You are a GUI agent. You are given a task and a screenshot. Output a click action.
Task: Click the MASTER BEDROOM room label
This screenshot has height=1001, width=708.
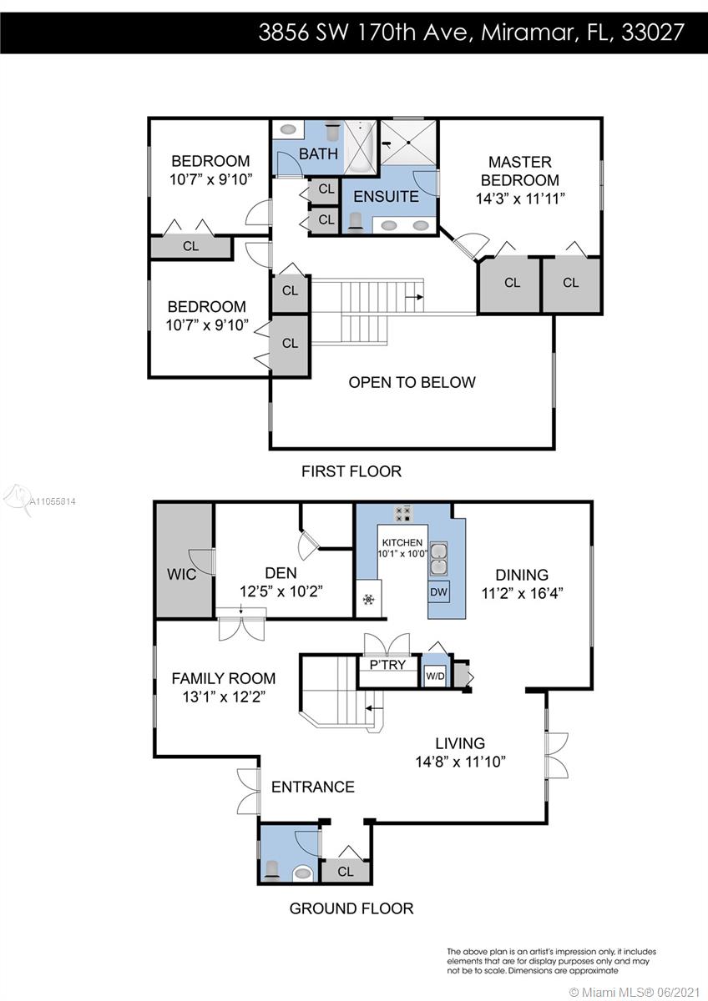point(519,171)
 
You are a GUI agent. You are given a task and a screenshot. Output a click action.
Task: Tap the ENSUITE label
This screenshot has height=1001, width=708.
point(386,197)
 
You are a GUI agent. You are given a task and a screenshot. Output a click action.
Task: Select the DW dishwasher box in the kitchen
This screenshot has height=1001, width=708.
point(439,591)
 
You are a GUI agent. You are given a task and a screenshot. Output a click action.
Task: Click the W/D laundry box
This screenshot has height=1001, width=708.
point(435,677)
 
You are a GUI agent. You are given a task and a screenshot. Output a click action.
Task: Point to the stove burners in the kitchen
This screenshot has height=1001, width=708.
point(403,514)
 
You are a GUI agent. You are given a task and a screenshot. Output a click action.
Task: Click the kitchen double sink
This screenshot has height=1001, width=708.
point(439,559)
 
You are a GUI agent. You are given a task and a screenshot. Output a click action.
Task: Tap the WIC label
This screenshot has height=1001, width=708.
point(181,574)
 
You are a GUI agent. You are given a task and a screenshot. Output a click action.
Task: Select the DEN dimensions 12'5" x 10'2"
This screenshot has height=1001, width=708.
point(281,591)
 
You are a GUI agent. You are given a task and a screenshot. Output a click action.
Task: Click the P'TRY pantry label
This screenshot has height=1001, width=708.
point(387,665)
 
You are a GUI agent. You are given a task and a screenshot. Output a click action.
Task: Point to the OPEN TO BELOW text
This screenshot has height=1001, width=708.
point(412,382)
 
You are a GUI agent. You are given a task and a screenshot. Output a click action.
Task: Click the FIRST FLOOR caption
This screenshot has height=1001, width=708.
point(351,471)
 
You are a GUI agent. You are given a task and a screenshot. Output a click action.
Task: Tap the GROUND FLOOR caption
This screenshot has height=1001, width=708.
point(351,908)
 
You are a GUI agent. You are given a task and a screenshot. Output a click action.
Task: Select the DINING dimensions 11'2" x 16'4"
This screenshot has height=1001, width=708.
point(522,593)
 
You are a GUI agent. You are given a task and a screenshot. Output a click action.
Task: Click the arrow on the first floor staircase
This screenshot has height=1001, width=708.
point(414,297)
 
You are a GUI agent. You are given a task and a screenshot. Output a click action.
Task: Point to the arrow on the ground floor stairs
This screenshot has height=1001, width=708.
point(374,708)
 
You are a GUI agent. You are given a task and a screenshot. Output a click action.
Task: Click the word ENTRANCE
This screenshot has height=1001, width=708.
point(313,787)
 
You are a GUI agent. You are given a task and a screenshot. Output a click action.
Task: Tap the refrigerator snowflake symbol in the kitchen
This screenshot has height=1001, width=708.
point(368,599)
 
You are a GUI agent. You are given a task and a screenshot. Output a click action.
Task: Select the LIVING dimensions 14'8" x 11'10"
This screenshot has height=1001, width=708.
point(461,762)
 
